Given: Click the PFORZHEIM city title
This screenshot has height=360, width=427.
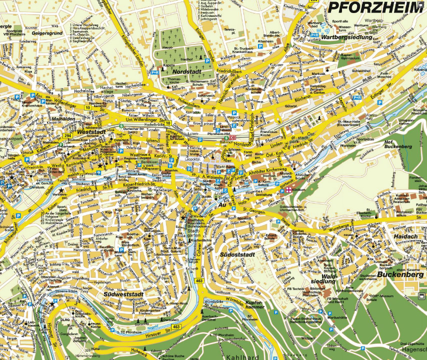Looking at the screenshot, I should pos(376,8).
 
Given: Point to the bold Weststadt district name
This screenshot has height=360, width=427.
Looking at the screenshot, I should pos(91,132).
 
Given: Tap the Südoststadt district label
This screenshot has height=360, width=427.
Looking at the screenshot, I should pos(238,254).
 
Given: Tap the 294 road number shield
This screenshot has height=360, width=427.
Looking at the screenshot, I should pos(67,135).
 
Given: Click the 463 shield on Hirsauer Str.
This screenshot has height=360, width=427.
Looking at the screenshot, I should pos(175,326).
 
